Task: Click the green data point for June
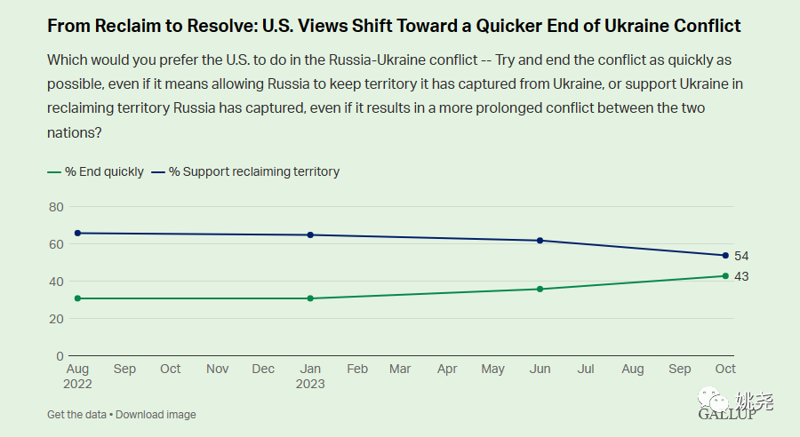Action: [x=540, y=289]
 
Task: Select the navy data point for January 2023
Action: [x=310, y=234]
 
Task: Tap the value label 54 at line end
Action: [x=741, y=256]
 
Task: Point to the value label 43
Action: [x=741, y=276]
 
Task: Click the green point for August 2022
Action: [x=77, y=298]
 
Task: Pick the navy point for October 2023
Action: [x=725, y=256]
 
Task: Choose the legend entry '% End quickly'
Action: [x=96, y=171]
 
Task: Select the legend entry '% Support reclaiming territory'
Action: [x=246, y=171]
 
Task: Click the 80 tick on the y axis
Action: [x=56, y=207]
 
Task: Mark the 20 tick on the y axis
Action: [x=56, y=319]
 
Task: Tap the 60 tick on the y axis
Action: [x=56, y=244]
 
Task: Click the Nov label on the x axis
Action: [x=217, y=369]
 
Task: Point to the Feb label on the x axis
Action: [x=356, y=369]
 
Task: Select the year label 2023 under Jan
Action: [x=310, y=385]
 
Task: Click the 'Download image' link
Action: [x=156, y=415]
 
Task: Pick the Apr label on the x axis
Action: [x=447, y=369]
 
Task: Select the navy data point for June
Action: [x=540, y=241]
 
